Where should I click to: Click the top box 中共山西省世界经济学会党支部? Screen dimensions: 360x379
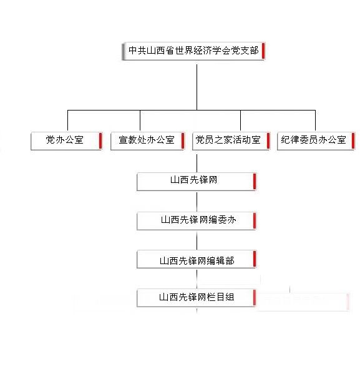[x=193, y=51]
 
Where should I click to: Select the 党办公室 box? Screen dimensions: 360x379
[x=67, y=141]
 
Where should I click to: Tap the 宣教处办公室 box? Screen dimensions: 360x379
[x=147, y=141]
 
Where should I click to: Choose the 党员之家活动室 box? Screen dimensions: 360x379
[x=231, y=141]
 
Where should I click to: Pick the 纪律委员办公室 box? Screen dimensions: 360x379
[x=316, y=141]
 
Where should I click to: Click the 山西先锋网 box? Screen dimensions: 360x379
[x=197, y=182]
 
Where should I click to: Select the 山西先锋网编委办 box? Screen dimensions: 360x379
[x=197, y=221]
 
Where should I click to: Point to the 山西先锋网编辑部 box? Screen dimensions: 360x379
[x=197, y=259]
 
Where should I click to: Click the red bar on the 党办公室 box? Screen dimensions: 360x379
[x=100, y=140]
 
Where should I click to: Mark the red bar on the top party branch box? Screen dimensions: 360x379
[x=263, y=51]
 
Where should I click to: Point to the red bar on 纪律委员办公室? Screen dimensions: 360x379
[x=353, y=140]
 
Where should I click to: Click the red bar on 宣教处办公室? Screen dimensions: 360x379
[x=183, y=140]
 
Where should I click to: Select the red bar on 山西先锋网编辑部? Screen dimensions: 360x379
[x=255, y=258]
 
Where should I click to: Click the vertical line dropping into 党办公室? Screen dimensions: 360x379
[x=67, y=121]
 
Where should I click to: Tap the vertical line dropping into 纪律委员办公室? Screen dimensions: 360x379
[x=315, y=121]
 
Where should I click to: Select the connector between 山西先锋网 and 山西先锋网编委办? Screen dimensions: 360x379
[x=197, y=202]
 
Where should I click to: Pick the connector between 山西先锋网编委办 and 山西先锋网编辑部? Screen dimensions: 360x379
[x=197, y=240]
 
